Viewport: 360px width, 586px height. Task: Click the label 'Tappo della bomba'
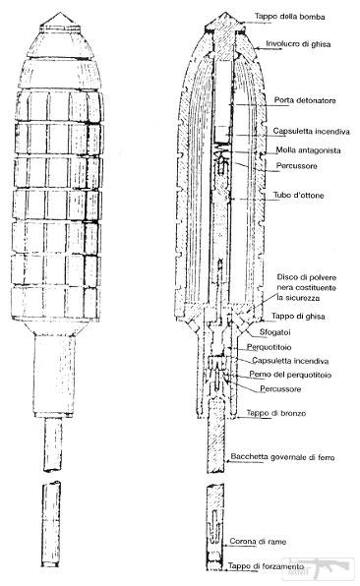pos(289,17)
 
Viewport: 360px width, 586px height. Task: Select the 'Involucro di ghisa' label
pos(298,44)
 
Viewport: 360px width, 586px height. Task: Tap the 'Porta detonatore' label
pos(305,100)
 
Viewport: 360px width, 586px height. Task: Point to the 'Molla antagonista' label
pos(308,150)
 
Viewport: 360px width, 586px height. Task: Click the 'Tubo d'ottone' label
pos(298,195)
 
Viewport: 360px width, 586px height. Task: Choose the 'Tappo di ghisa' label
pos(298,317)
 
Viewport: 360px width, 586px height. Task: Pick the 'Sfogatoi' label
pos(274,332)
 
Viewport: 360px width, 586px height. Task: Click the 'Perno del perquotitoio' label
pos(290,375)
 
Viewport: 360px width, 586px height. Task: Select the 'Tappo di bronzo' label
pos(275,413)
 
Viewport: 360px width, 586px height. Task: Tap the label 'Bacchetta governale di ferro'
pos(282,457)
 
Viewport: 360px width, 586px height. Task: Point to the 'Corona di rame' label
pos(258,542)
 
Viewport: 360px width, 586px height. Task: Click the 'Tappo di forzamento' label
pos(266,566)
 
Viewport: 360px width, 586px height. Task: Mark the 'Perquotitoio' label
pos(269,347)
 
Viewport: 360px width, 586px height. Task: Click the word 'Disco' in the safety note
pos(286,277)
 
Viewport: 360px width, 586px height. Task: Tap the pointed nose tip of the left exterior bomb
pos(60,13)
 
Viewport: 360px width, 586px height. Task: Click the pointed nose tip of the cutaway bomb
pos(224,13)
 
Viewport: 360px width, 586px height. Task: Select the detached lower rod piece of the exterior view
pos(51,524)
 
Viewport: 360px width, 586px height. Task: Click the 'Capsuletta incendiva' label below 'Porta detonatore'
pos(311,132)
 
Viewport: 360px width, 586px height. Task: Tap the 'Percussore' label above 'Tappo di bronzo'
pos(280,389)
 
